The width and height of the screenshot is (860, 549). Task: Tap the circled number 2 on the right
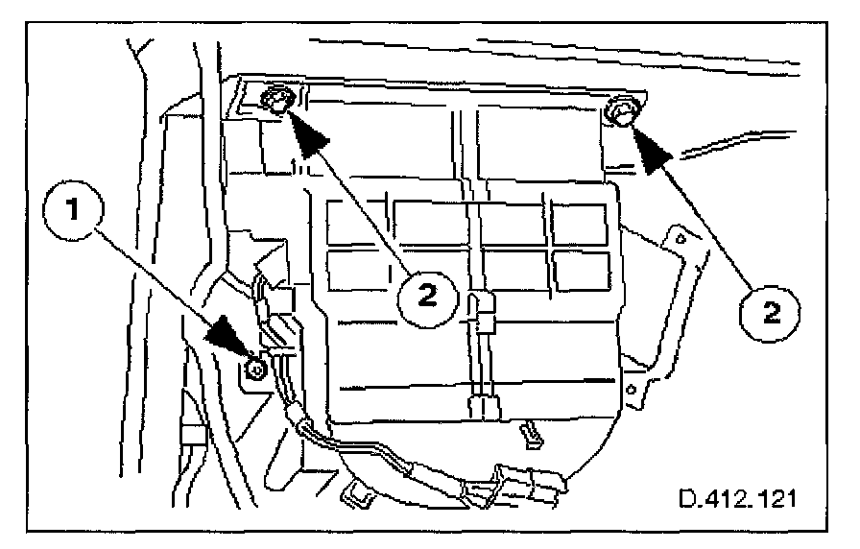(770, 311)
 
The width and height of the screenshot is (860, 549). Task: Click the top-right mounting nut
(620, 115)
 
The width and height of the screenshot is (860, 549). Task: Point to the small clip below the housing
(529, 433)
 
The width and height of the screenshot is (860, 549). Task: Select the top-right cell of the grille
(579, 223)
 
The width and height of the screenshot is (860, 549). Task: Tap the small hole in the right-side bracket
(680, 236)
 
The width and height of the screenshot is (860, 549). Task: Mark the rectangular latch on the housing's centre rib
(484, 308)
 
